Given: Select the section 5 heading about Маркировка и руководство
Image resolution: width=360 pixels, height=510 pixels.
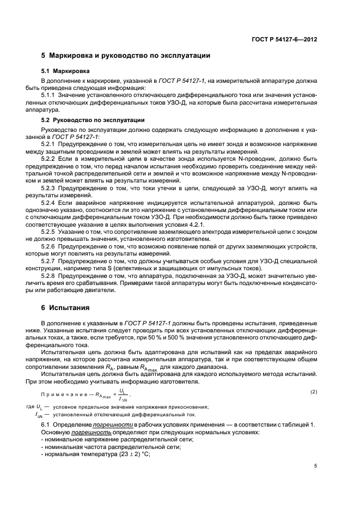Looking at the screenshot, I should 126,56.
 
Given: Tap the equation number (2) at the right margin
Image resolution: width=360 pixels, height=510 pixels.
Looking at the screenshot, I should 313,392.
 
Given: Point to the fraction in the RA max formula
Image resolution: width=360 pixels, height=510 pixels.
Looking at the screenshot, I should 121,394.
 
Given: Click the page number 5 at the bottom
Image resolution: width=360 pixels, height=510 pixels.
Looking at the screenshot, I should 316,466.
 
